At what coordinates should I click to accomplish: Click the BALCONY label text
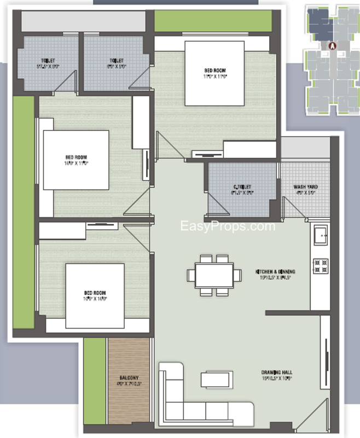pos(129,378)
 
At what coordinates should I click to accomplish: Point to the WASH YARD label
pos(306,187)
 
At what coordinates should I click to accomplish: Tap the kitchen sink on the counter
pos(320,236)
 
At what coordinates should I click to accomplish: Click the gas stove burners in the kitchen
pos(320,266)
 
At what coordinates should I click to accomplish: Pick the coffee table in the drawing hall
pos(214,379)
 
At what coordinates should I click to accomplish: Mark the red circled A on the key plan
pos(331,47)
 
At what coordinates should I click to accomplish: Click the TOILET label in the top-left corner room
pos(47,61)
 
